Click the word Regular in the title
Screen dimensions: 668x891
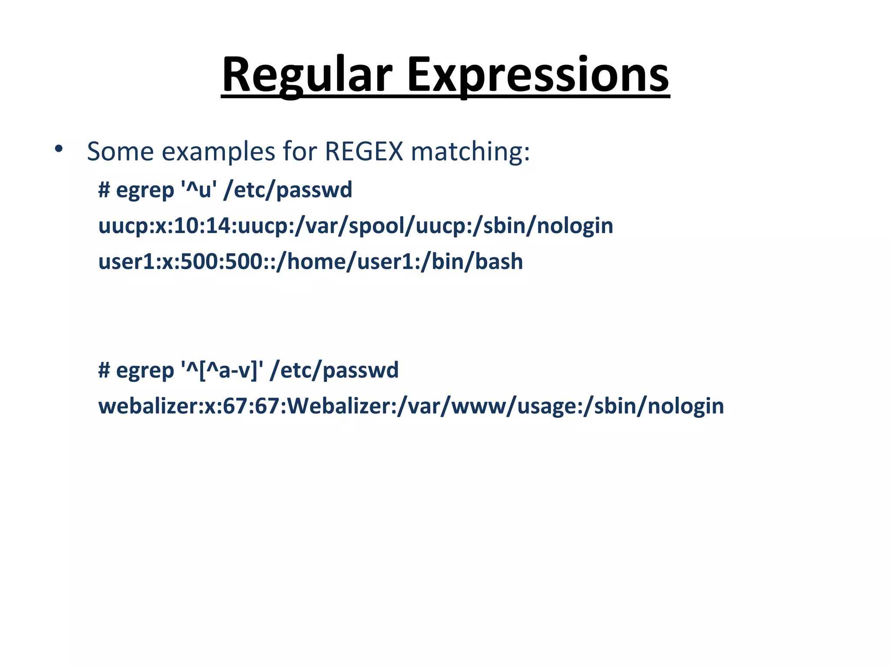tap(307, 75)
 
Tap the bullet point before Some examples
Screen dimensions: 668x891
tap(59, 150)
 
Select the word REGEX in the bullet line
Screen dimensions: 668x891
tap(364, 151)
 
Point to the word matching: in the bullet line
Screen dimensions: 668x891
tap(470, 152)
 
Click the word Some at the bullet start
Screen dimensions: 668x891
tap(121, 151)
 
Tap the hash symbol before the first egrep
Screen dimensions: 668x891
tap(104, 190)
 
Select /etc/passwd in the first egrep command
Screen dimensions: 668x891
tap(288, 190)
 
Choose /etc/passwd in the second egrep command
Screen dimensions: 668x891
tap(334, 370)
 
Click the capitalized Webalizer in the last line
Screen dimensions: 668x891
tap(339, 406)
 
